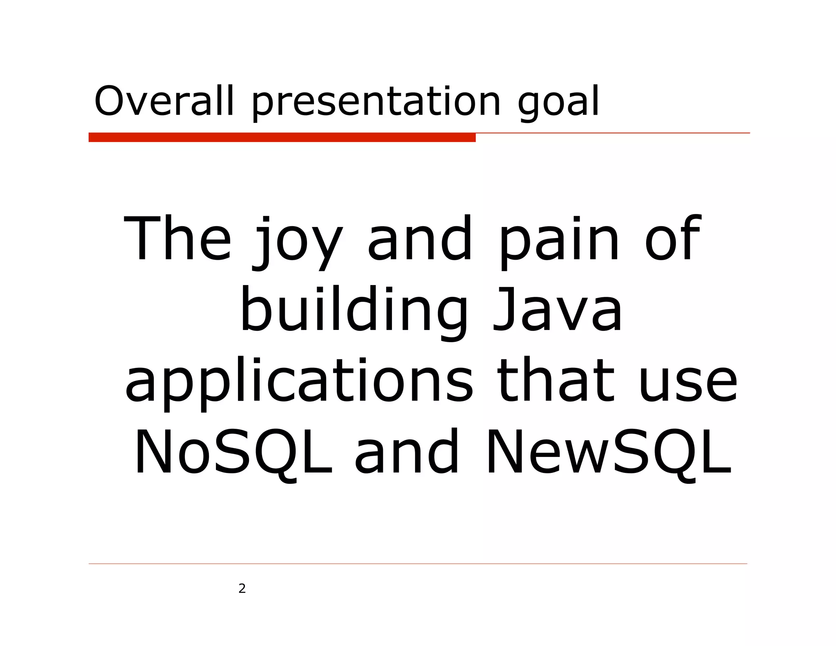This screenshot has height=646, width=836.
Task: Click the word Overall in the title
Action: pos(164,101)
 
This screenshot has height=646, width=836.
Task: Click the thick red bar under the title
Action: pos(282,138)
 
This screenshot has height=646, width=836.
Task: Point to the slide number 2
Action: pos(242,588)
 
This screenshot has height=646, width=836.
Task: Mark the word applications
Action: pos(299,382)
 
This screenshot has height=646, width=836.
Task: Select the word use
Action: pos(688,384)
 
